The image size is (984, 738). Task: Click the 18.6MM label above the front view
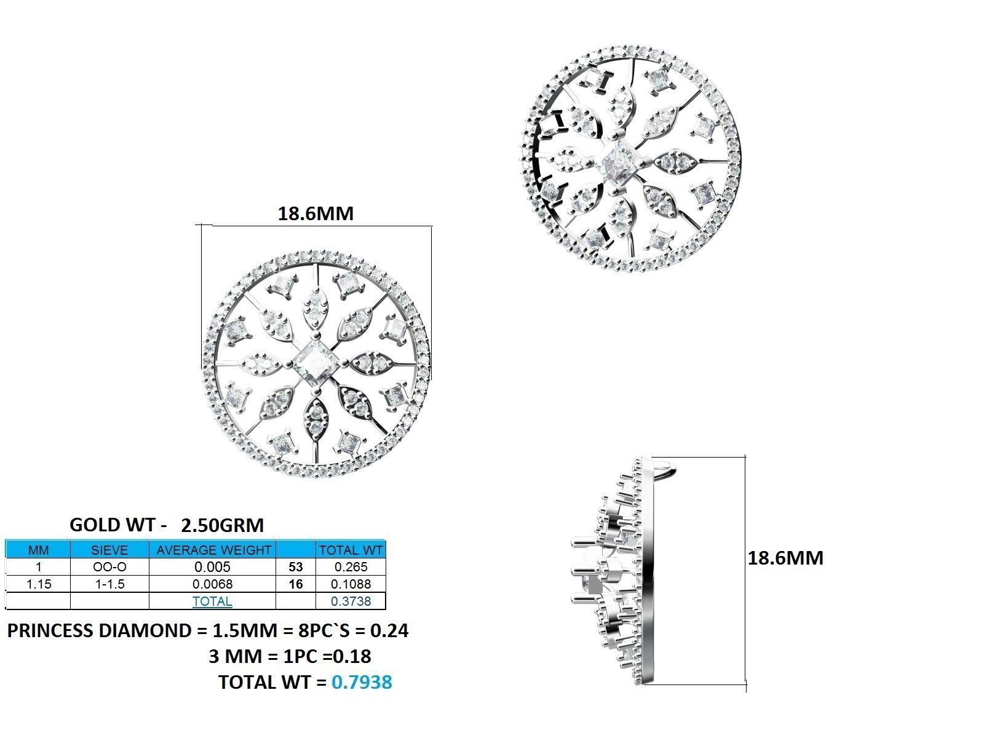(x=315, y=213)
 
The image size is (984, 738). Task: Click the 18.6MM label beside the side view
(x=785, y=558)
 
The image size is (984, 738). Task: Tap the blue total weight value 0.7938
(x=362, y=682)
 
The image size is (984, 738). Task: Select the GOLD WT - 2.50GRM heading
(x=167, y=525)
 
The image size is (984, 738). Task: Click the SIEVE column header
(x=109, y=550)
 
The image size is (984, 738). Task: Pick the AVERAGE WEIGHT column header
(x=213, y=550)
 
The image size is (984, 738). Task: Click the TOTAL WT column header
(x=350, y=550)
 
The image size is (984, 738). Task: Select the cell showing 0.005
(x=213, y=566)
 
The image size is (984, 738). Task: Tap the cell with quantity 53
(x=295, y=566)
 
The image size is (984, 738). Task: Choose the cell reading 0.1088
(x=350, y=584)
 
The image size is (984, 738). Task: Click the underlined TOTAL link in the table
(x=212, y=601)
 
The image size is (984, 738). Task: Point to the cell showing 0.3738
(x=350, y=601)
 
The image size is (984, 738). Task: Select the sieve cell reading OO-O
(x=109, y=566)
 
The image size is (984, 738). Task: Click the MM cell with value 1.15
(x=38, y=584)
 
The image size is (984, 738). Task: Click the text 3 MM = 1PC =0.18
(x=290, y=656)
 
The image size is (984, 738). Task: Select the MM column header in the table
(x=38, y=550)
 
